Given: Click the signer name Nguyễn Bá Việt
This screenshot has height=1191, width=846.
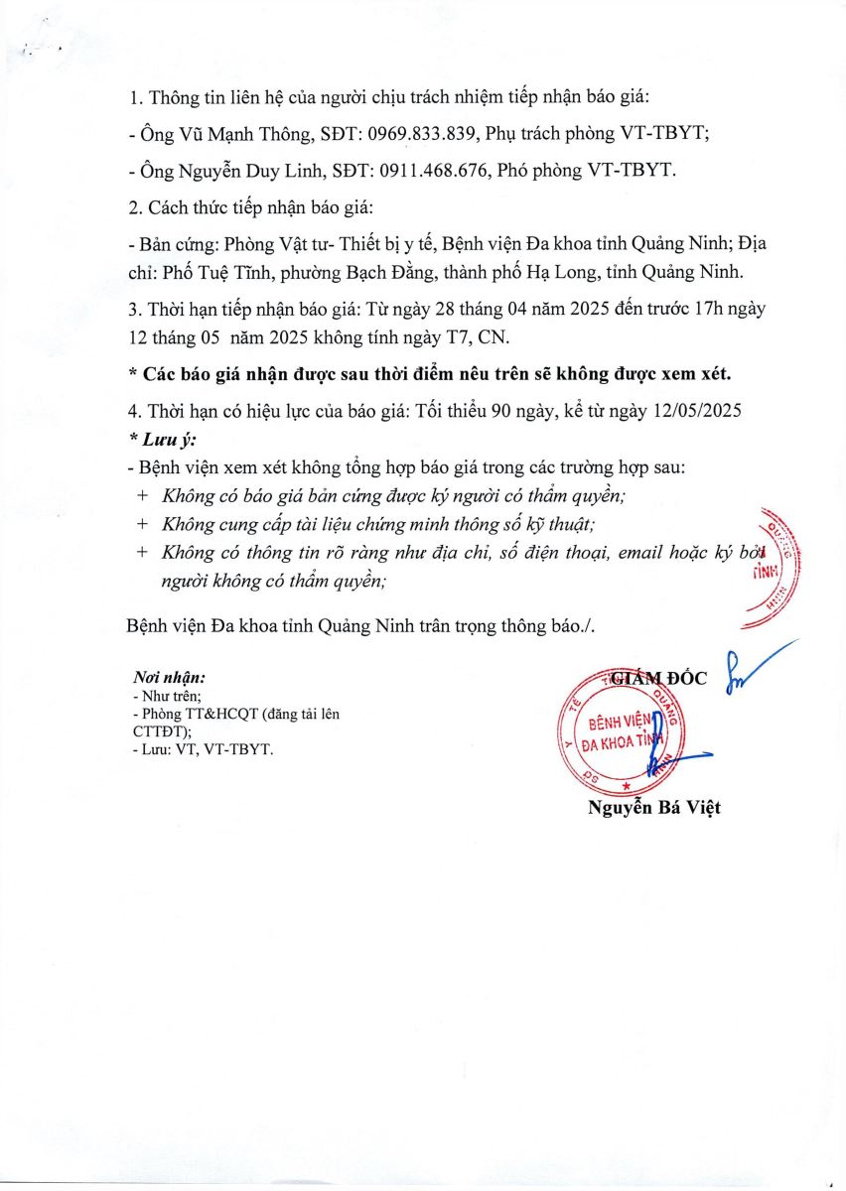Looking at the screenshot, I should coord(653,807).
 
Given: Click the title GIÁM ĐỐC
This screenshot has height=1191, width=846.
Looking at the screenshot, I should coord(658,678).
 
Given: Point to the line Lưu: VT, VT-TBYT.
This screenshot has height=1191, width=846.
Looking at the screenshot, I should coord(202,749).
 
